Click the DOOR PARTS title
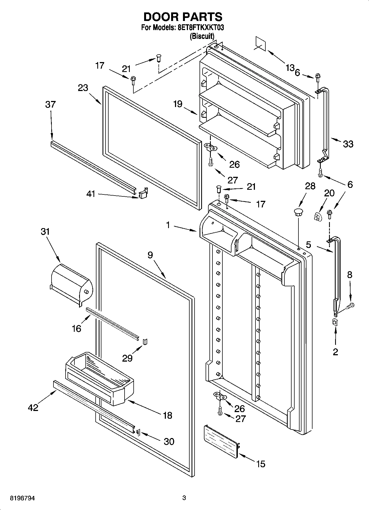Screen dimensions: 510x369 point(183,17)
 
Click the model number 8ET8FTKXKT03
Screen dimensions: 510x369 point(197,28)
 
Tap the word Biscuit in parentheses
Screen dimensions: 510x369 point(202,36)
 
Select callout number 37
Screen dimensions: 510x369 point(50,105)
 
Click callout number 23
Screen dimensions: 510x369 point(83,88)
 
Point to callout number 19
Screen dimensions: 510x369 point(178,104)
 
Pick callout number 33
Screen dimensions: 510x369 point(348,144)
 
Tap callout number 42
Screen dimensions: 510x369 point(33,407)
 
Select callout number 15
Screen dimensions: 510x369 point(260,464)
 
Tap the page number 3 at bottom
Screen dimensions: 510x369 point(184,498)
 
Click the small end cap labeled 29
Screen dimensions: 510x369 point(145,342)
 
